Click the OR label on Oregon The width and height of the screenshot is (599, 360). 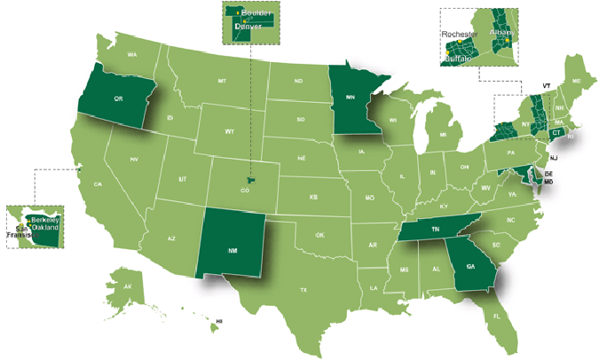coord(118,99)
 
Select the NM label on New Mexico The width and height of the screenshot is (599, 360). coord(232,251)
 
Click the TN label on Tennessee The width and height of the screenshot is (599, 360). coord(436,229)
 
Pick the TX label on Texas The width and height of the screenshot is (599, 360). coord(303,290)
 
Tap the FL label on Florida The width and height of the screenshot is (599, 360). coord(497,316)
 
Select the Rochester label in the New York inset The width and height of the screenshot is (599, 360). coord(461,34)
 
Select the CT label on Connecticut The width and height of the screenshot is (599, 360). coord(556,132)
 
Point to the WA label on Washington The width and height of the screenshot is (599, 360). coord(132,55)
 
